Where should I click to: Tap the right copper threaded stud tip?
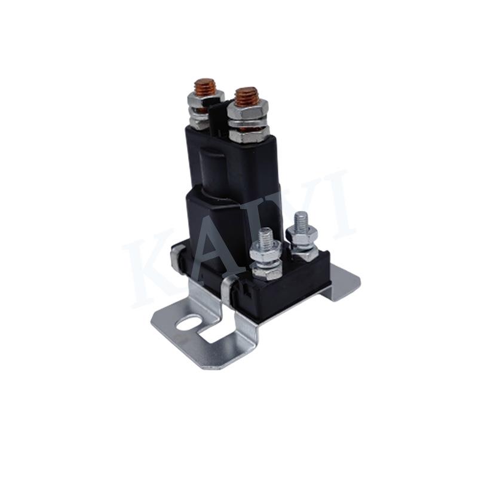(x=246, y=95)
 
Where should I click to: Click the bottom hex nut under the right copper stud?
(x=248, y=135)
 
